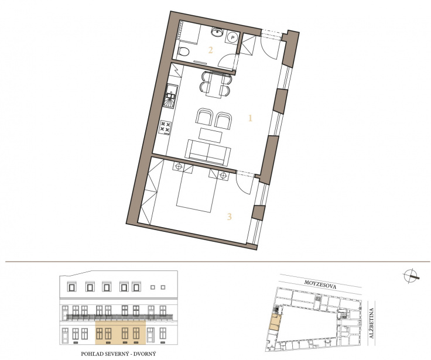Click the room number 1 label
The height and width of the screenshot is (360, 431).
(x=250, y=118)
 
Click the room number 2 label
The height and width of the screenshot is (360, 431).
(x=211, y=50)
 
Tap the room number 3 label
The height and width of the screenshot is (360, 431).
(x=229, y=217)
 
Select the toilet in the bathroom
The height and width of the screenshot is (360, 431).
(x=183, y=52)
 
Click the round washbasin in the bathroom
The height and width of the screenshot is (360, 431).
(x=217, y=32)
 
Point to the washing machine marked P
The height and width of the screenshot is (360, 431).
(x=233, y=37)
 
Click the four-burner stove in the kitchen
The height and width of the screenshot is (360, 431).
(x=166, y=128)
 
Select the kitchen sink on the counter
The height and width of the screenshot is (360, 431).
(x=171, y=96)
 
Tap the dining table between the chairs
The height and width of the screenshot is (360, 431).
(x=215, y=84)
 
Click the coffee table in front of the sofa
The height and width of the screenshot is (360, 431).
(x=210, y=135)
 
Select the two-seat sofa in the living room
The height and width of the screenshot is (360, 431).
(x=208, y=153)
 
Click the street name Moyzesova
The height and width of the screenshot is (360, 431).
(x=320, y=284)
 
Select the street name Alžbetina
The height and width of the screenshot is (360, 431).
(x=371, y=323)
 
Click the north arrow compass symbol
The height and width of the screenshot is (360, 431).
(x=411, y=276)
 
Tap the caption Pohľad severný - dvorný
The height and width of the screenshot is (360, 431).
(x=118, y=354)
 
